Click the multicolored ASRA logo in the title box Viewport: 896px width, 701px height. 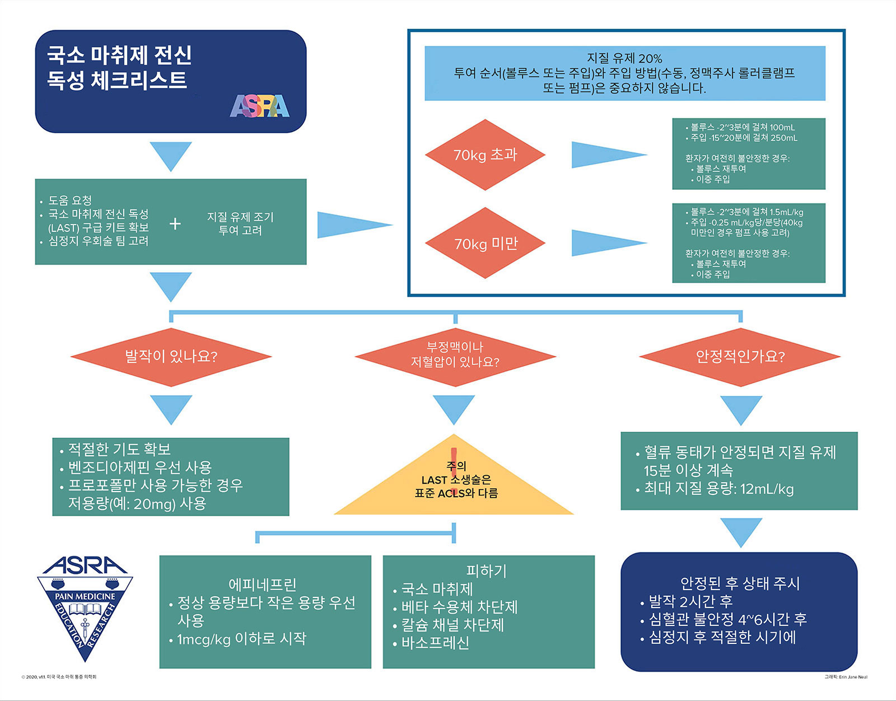tap(259, 106)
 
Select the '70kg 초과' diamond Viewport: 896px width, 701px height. tap(485, 155)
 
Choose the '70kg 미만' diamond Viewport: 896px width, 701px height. tap(485, 243)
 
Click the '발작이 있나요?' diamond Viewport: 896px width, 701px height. tap(171, 357)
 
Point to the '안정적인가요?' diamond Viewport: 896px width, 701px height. tap(740, 357)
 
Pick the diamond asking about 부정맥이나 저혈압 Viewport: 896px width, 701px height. tap(455, 357)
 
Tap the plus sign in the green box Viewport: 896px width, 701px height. tap(175, 224)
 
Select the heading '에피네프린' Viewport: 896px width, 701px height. tap(263, 585)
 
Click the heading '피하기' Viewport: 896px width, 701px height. tap(487, 571)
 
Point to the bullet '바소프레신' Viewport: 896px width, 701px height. tap(431, 643)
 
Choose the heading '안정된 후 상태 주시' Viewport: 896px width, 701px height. tap(740, 583)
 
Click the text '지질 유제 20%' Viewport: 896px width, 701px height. tap(625, 58)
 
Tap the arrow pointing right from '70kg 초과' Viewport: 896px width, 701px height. tap(609, 155)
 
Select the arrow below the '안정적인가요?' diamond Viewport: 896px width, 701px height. tap(741, 410)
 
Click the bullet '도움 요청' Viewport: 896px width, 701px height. tap(66, 200)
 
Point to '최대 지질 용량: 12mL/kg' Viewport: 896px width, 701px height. tap(715, 489)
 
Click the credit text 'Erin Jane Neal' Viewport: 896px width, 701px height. tap(853, 677)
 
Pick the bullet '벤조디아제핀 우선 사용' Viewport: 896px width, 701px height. tap(136, 468)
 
